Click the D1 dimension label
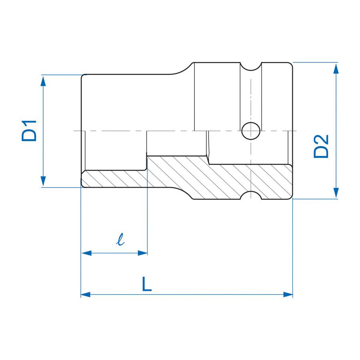(29, 130)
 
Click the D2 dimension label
(321, 146)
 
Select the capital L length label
(147, 284)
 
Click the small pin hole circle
(250, 131)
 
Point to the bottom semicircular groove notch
(251, 196)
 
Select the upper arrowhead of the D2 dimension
(336, 68)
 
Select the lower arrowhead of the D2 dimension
(336, 194)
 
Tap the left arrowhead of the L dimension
(86, 294)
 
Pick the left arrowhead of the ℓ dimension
(86, 253)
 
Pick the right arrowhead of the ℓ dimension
(143, 253)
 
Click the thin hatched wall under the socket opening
(114, 179)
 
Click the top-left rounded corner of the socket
(83, 76)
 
